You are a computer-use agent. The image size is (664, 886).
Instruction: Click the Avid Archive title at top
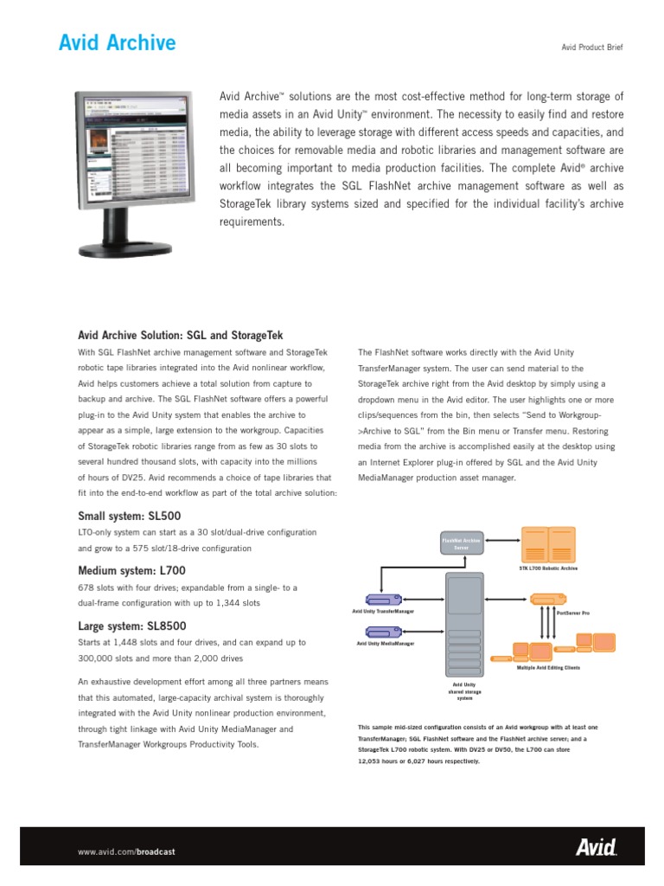pyautogui.click(x=116, y=42)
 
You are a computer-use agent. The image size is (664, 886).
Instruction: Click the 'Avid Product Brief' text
pyautogui.click(x=592, y=47)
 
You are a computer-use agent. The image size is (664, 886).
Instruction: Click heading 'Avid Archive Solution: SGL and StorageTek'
pyautogui.click(x=181, y=335)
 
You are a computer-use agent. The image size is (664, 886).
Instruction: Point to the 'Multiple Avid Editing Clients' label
pyautogui.click(x=548, y=668)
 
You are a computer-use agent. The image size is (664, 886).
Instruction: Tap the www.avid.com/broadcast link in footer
pyautogui.click(x=126, y=851)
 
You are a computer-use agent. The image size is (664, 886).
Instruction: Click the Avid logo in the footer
pyautogui.click(x=596, y=849)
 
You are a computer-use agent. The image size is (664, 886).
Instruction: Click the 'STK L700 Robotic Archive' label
pyautogui.click(x=548, y=568)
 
